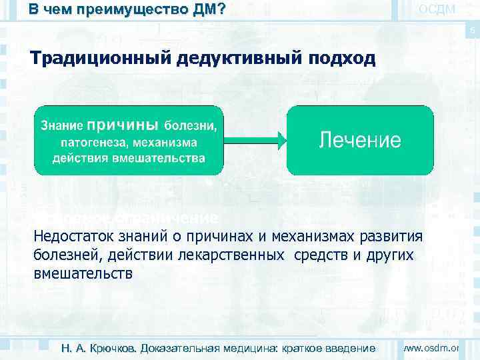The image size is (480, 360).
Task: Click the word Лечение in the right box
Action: click(x=360, y=140)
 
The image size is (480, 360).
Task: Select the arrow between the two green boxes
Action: click(x=256, y=140)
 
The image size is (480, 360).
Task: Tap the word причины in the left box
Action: click(x=123, y=125)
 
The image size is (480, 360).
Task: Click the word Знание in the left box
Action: click(x=63, y=125)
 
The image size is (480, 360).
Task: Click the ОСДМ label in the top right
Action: click(x=437, y=9)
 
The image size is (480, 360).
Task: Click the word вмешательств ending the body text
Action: click(x=83, y=273)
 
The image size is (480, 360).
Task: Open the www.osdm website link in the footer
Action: click(x=433, y=347)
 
